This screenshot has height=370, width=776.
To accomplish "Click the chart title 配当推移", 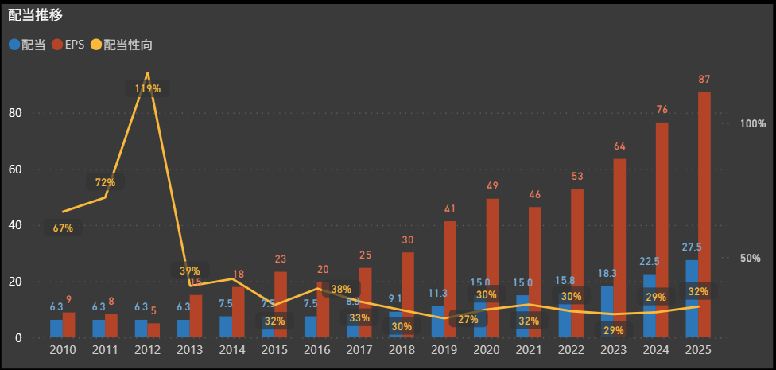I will [x=36, y=14].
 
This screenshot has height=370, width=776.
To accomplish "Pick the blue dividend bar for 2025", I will [x=692, y=298].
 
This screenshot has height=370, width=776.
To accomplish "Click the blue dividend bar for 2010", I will [x=56, y=329].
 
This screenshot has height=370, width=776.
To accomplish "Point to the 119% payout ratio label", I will [x=147, y=88].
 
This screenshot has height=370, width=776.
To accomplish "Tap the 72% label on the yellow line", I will [x=105, y=183].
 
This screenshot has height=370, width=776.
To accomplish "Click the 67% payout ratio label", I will [x=63, y=228].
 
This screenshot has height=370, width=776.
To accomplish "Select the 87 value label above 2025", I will [x=704, y=79].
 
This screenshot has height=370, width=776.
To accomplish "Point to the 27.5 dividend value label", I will [x=691, y=247].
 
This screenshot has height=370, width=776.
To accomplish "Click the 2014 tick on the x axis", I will [x=232, y=350].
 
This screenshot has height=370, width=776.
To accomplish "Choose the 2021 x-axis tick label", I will [x=528, y=350].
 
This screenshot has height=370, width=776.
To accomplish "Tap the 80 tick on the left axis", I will [x=16, y=113].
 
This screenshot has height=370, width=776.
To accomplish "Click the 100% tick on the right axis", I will [x=752, y=124].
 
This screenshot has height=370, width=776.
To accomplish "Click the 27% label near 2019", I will [x=468, y=319].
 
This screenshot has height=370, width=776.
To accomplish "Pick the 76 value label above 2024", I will [x=662, y=110].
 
